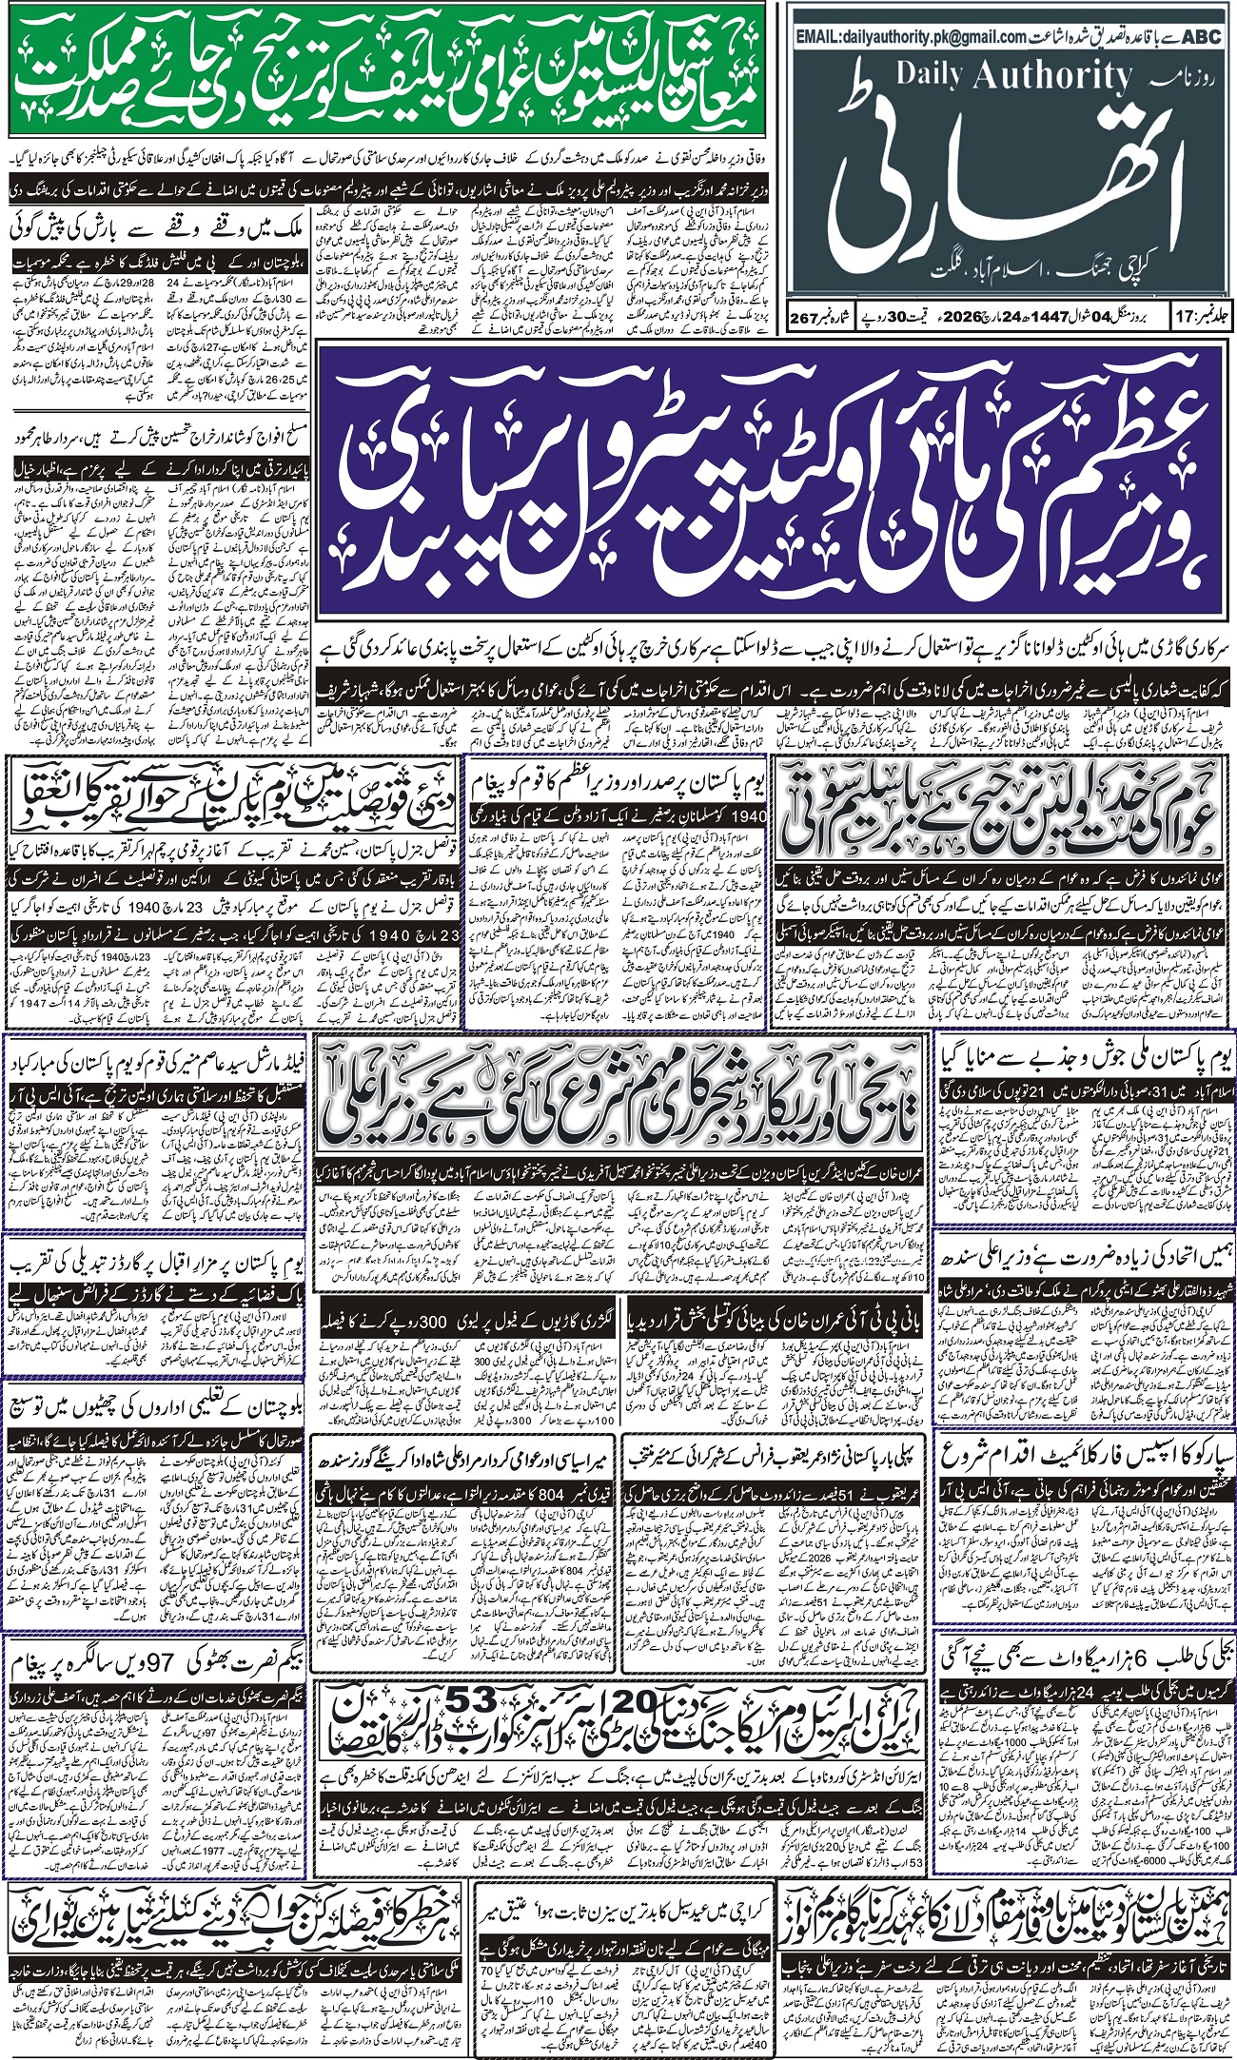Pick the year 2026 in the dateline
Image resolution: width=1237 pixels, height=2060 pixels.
click(x=977, y=315)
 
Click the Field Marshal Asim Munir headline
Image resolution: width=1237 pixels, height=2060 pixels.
click(x=157, y=1060)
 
